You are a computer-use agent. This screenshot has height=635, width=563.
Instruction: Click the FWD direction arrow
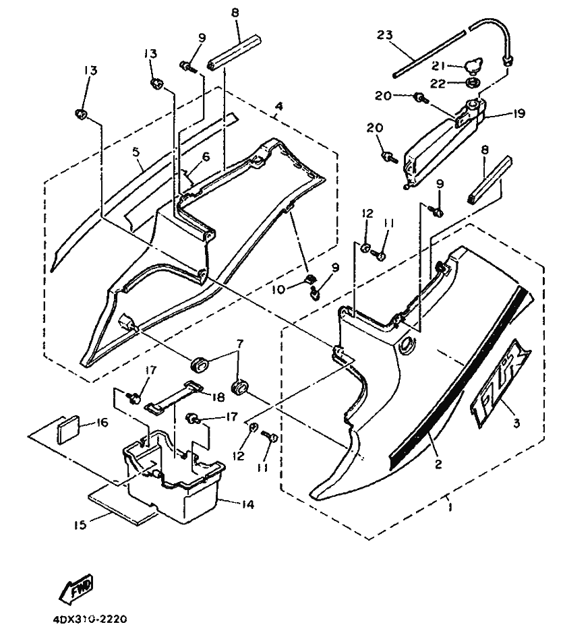[x=76, y=588]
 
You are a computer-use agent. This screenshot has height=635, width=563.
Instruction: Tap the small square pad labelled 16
[x=69, y=429]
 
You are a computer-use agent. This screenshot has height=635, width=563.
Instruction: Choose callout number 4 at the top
[x=278, y=106]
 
